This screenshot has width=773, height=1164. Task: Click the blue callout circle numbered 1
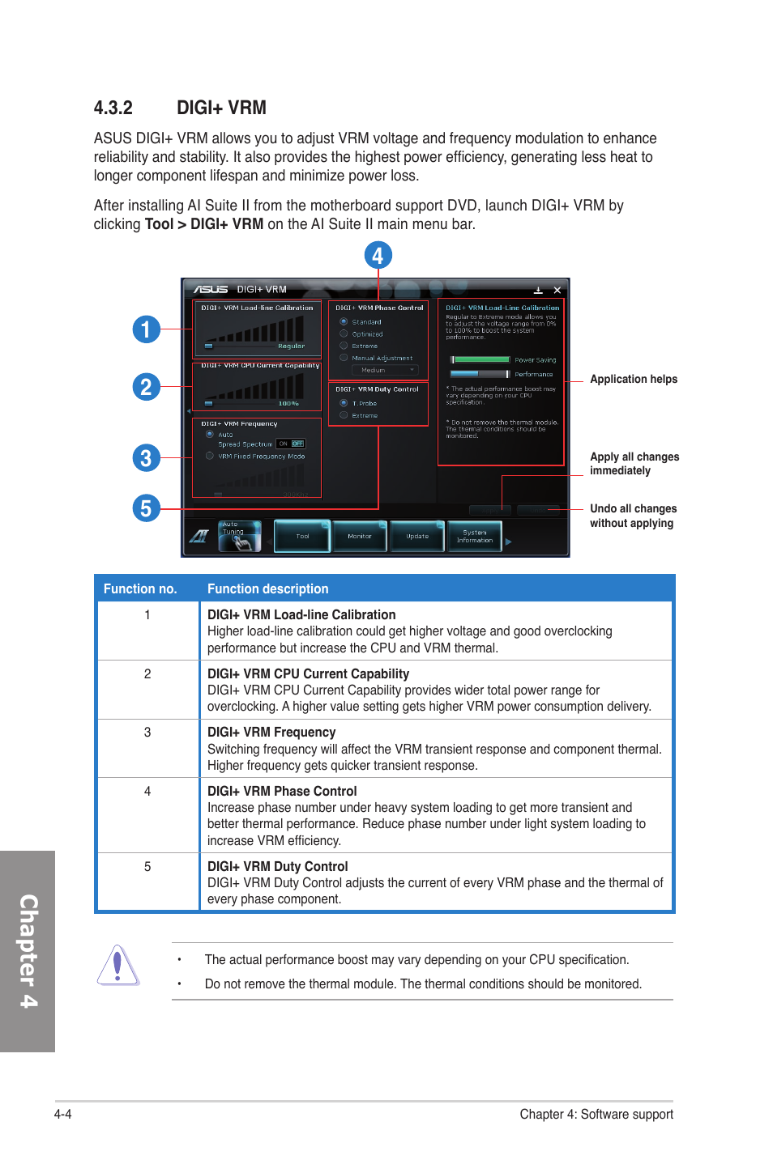146,329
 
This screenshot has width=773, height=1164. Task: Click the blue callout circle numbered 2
146,387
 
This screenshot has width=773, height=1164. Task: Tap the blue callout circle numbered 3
146,458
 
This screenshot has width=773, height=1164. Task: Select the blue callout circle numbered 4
378,256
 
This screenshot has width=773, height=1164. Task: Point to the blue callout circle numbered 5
146,508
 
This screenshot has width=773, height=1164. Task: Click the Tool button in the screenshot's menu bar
302,536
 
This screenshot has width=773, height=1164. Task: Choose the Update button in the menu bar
417,536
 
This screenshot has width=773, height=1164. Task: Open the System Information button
475,536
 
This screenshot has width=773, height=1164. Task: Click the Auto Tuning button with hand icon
240,536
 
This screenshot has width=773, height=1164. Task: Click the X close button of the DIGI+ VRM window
557,290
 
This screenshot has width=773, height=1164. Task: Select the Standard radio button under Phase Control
344,321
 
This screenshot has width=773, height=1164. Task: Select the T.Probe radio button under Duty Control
344,402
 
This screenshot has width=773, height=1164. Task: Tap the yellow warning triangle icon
118,965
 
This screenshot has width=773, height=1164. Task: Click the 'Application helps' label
633,379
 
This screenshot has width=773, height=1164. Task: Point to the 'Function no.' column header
140,588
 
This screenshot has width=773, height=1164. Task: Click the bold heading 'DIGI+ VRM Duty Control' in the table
277,866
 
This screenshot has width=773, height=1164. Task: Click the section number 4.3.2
113,108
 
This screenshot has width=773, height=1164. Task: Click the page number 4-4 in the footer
63,1114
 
